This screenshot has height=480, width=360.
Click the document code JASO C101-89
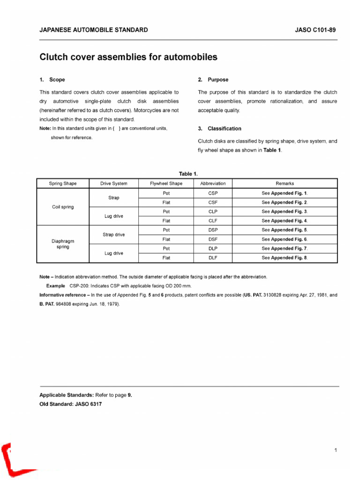click(x=315, y=30)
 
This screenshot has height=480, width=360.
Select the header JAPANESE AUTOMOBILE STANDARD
click(x=93, y=30)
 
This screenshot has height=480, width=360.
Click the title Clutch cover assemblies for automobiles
click(x=128, y=58)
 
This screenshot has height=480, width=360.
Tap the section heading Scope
click(x=57, y=80)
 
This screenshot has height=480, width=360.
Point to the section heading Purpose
click(x=218, y=80)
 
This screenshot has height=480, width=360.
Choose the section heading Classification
click(x=225, y=128)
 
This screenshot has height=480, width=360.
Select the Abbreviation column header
click(x=213, y=184)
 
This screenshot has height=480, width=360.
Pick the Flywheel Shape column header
click(x=166, y=184)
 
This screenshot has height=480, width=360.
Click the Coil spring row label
click(x=63, y=207)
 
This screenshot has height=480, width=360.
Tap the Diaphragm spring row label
click(x=63, y=244)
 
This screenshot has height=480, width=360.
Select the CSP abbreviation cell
click(x=213, y=193)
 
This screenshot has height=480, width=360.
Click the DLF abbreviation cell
click(x=213, y=258)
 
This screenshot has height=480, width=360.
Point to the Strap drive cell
click(x=113, y=234)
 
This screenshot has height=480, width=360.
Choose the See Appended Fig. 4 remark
click(x=285, y=221)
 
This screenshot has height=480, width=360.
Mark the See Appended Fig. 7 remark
click(x=285, y=248)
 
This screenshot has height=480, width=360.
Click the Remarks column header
click(x=285, y=184)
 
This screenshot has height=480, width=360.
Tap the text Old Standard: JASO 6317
click(x=70, y=404)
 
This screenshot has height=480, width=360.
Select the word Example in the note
click(x=55, y=285)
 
